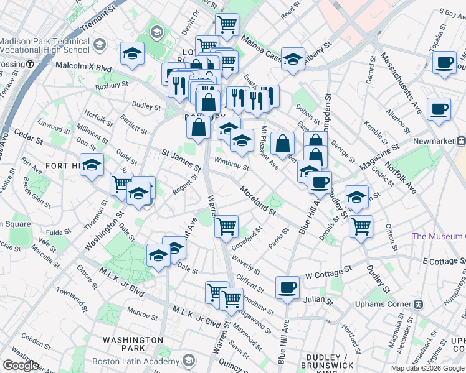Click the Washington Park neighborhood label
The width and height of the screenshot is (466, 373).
(133, 344)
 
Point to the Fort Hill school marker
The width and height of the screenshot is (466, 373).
(92, 165)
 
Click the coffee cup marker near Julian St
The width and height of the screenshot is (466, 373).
(287, 288)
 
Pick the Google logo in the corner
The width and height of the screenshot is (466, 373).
(21, 366)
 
